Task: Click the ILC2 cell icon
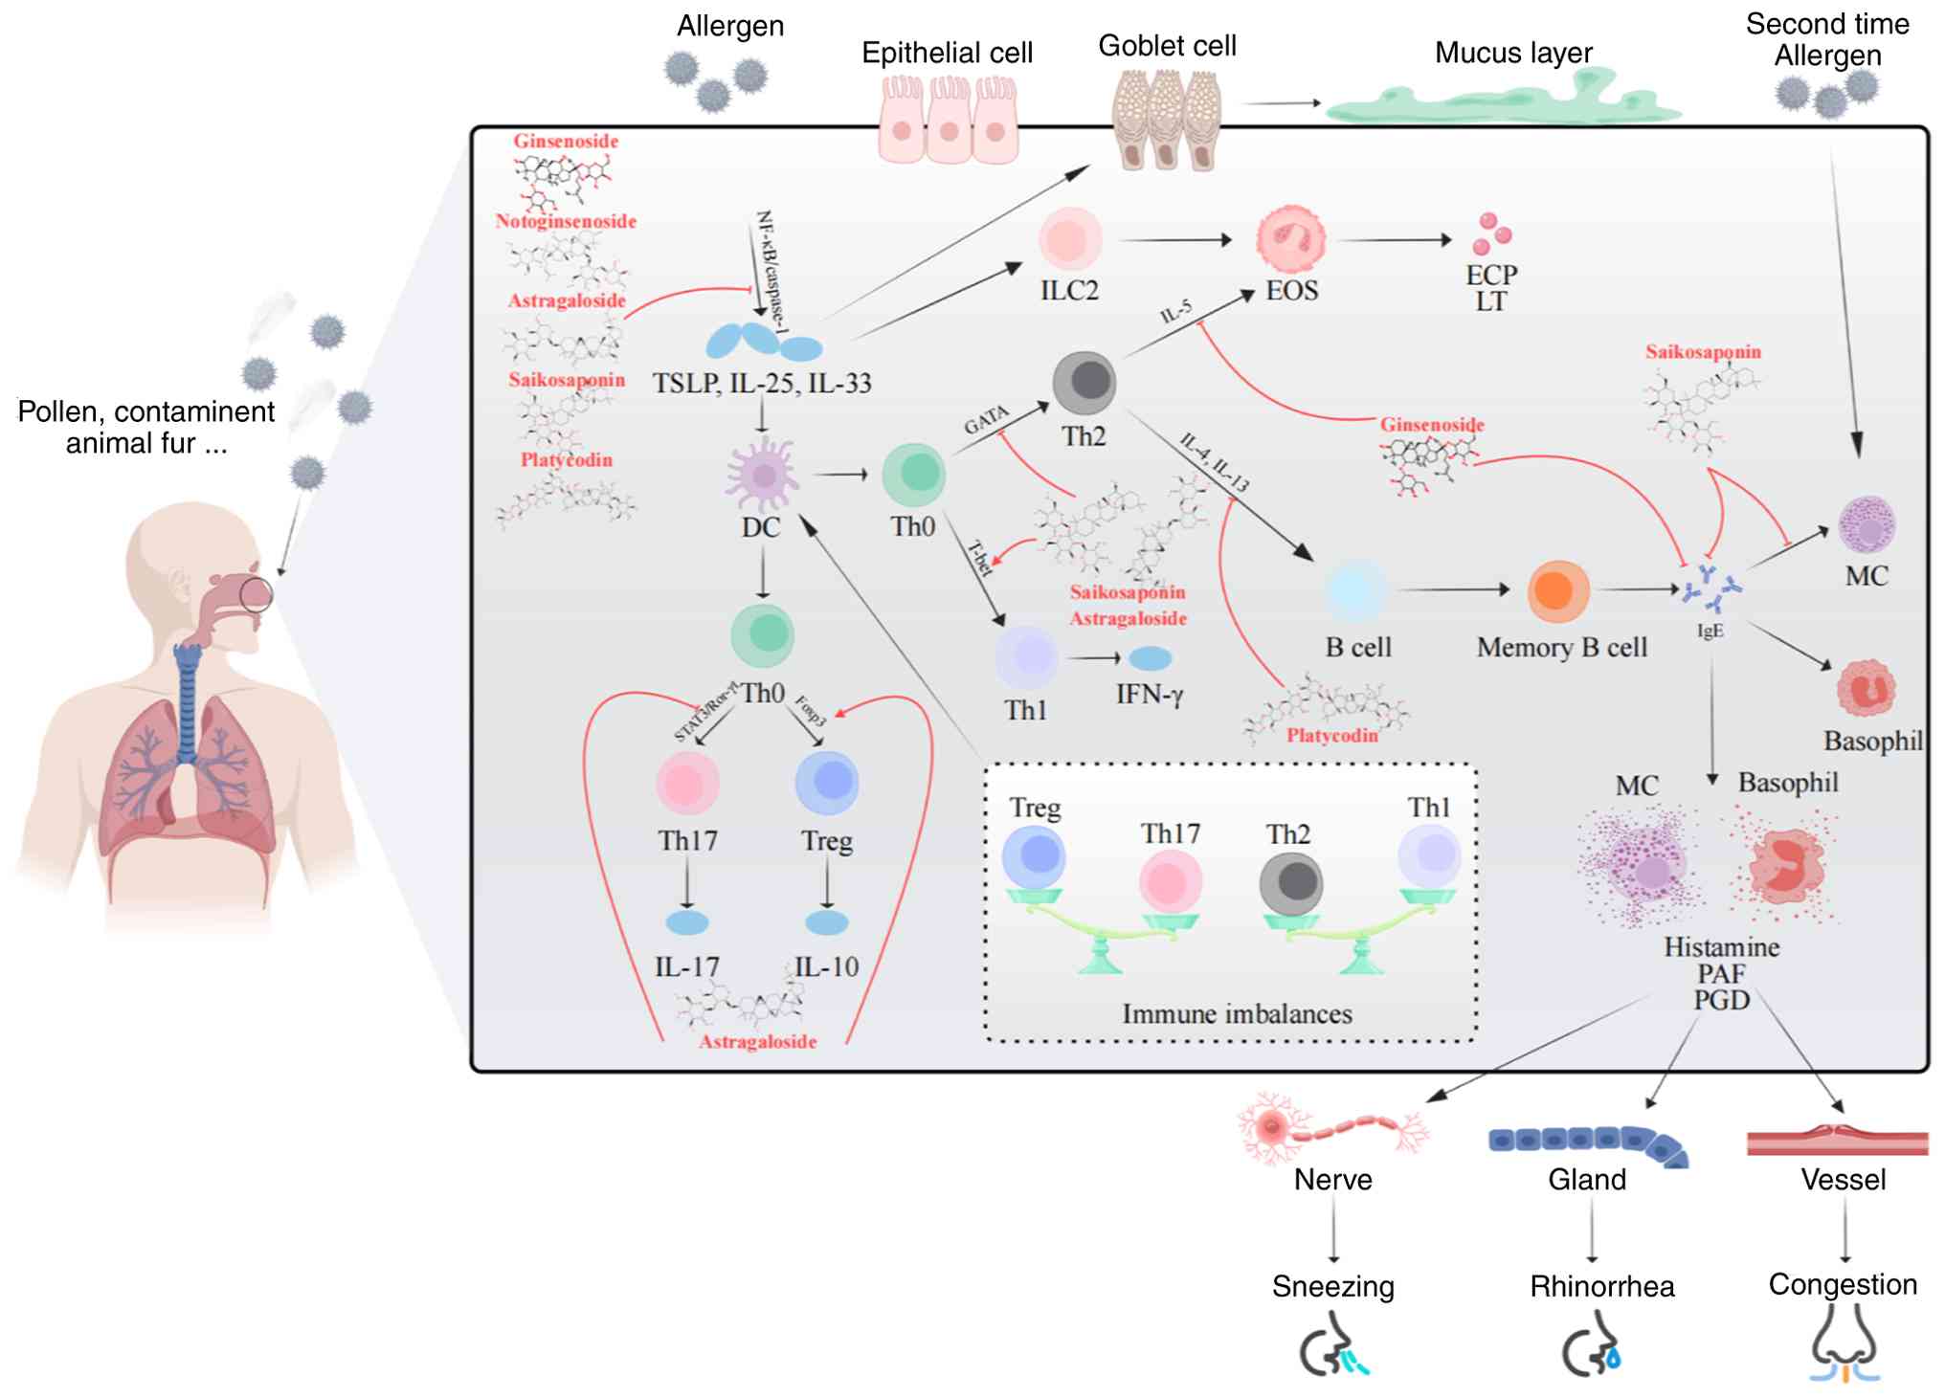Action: pos(1070,239)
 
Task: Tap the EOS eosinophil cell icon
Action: pos(1290,239)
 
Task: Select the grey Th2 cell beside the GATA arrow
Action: pos(1084,383)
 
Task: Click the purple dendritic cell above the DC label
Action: pos(762,475)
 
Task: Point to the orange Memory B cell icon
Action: pos(1558,590)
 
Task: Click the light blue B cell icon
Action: pos(1356,591)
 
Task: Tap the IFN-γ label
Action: pos(1150,694)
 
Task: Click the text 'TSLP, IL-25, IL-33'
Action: pos(762,384)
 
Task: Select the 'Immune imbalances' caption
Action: pos(1237,1014)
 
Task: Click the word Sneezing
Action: pos(1332,1286)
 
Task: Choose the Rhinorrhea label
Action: pos(1601,1286)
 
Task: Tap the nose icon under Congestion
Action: pos(1844,1344)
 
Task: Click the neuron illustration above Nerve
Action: pos(1330,1129)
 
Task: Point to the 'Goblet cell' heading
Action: pos(1167,45)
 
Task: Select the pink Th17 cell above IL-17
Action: pos(687,783)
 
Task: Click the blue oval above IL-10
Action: pos(826,922)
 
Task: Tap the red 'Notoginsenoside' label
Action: pos(566,221)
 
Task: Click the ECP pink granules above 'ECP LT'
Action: pos(1491,233)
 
